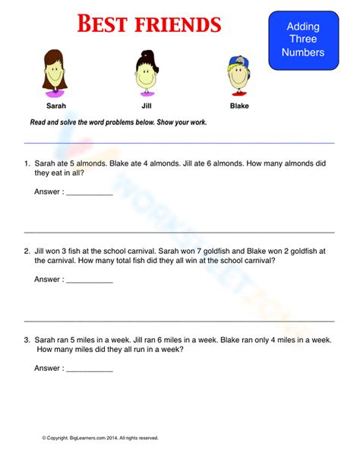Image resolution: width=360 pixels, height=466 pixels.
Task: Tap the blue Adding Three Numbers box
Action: [x=303, y=40]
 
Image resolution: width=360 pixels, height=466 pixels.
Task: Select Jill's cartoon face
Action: [x=146, y=77]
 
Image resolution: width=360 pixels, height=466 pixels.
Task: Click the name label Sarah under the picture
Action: [x=56, y=106]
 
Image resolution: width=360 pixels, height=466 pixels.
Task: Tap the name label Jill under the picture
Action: [x=147, y=106]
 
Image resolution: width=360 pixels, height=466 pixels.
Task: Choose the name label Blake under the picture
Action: [x=239, y=106]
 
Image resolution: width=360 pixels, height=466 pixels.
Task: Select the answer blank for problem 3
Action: [x=90, y=369]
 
